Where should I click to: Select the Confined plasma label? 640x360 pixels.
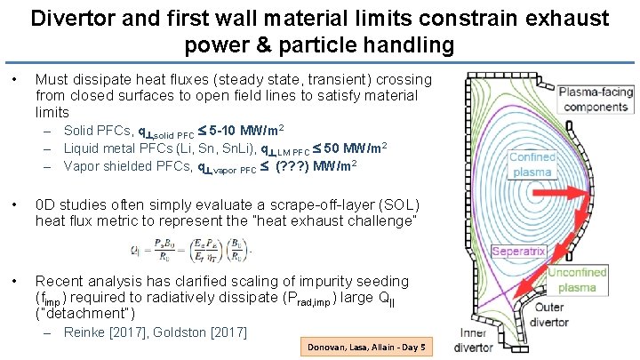533,164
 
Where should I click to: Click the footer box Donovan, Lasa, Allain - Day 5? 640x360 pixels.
366,347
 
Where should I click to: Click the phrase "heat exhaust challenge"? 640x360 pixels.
328,219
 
